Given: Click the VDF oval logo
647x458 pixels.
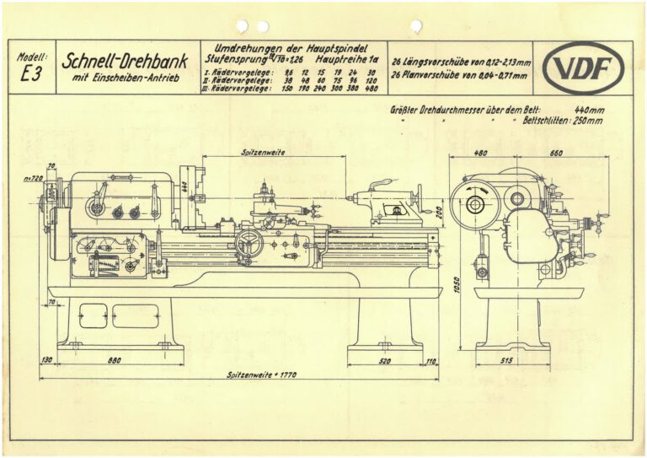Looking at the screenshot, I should (x=584, y=67).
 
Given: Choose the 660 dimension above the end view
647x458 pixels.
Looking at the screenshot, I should (x=557, y=154).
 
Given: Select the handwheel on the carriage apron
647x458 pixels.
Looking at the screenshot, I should (x=249, y=245).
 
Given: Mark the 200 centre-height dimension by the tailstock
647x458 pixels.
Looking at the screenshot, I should (x=439, y=211).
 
